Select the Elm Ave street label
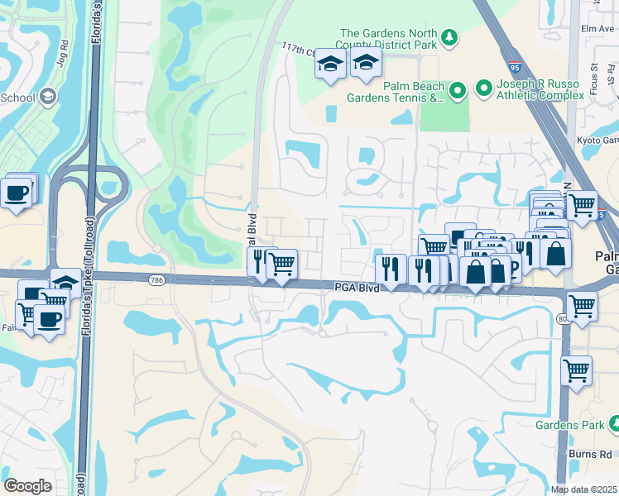point(597,28)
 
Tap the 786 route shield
point(156,281)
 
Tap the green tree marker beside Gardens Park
point(613,425)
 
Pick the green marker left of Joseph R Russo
point(483,86)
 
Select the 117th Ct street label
point(299,50)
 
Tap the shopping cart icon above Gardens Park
point(576,370)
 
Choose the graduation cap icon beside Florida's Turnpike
point(65,283)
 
